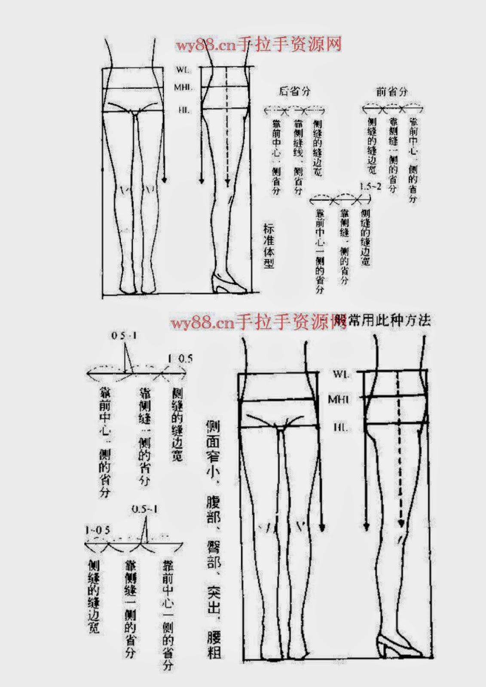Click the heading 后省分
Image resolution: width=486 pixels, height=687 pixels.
point(294,91)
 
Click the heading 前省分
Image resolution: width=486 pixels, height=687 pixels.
point(391,91)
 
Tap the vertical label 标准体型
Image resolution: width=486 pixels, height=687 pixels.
point(269,246)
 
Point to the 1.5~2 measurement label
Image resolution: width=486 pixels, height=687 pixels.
point(370,187)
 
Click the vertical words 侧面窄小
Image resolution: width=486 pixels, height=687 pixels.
point(213,449)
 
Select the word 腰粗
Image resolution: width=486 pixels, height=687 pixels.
point(214,644)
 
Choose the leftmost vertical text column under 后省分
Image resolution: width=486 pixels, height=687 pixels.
point(276,157)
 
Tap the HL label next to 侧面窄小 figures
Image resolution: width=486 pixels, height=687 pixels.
point(340,428)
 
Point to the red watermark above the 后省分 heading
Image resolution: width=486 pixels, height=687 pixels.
point(258,45)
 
